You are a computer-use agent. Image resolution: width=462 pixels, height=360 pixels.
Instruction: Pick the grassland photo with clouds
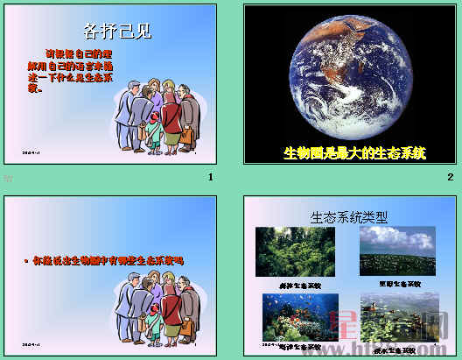[x=397, y=251]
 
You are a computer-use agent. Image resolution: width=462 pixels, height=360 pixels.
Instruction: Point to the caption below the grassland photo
[x=399, y=284]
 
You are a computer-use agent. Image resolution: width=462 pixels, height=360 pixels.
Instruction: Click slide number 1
[x=211, y=178]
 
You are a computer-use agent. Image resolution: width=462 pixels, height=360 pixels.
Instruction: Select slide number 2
[x=450, y=178]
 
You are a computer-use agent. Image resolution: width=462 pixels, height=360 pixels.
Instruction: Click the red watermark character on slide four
[x=353, y=325]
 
